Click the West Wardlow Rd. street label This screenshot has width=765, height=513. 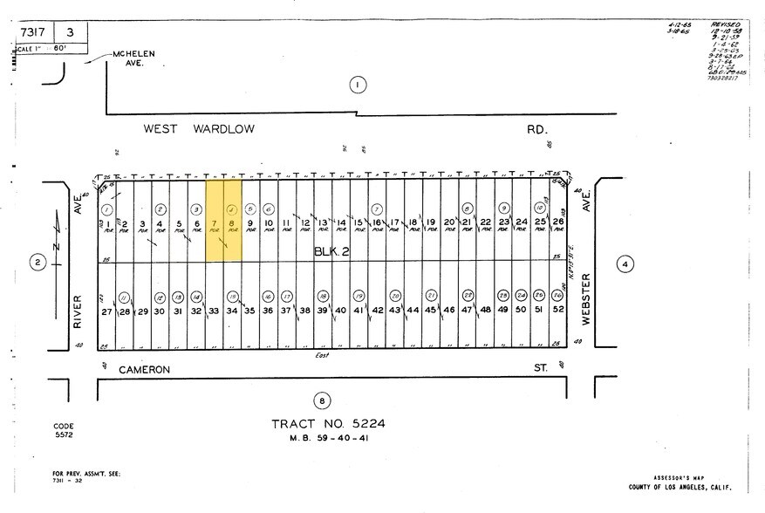point(199,129)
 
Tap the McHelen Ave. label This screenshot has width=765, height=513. point(133,58)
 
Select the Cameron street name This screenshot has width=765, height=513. point(144,369)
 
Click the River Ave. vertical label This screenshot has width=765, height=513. point(77,310)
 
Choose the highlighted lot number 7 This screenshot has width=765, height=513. point(214,223)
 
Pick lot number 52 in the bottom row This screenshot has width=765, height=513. point(557,310)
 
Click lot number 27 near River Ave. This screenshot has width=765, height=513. point(106,311)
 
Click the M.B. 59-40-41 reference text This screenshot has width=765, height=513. point(329,438)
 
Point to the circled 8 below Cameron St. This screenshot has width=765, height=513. point(323,401)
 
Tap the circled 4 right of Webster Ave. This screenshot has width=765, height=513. point(625,264)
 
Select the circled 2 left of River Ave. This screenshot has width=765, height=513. point(37,263)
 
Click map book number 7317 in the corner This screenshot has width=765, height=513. point(32,32)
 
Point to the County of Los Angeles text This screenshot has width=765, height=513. point(679,488)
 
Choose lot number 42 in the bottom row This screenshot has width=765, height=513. point(377,311)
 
